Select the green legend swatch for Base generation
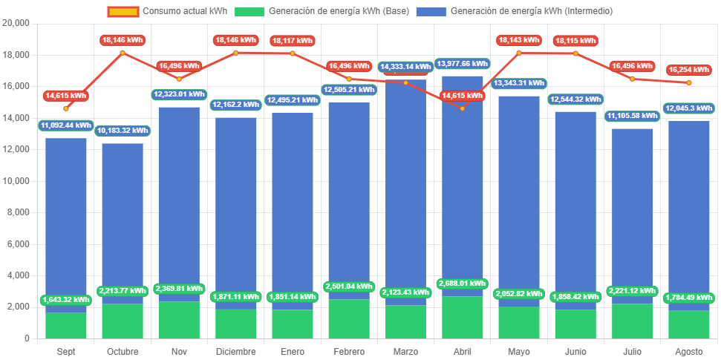[249, 11]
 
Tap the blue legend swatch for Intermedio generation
[431, 11]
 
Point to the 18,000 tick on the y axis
[16, 55]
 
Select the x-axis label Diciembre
[235, 351]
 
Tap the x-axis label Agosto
[688, 351]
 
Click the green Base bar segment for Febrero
[349, 319]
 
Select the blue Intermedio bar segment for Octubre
[123, 223]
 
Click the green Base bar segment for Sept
[66, 325]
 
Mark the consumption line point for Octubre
[123, 53]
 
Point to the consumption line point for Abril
[463, 108]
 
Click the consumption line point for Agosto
[689, 82]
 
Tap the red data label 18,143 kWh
[519, 40]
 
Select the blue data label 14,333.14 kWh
[405, 67]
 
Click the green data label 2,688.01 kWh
[463, 283]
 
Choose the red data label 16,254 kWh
[689, 70]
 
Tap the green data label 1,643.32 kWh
[66, 300]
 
